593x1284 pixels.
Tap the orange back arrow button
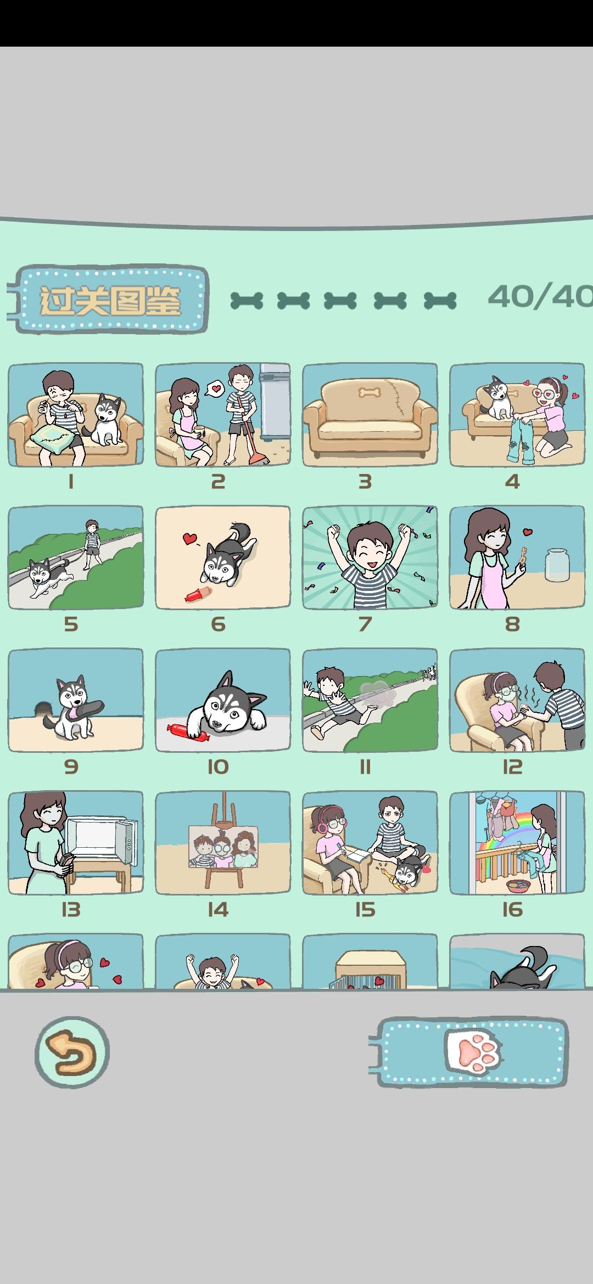72,1052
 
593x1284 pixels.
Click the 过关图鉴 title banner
110,300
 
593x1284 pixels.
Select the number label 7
365,624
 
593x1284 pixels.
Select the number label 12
512,767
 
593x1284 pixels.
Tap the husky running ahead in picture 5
48,576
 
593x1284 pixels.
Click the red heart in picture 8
528,532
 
